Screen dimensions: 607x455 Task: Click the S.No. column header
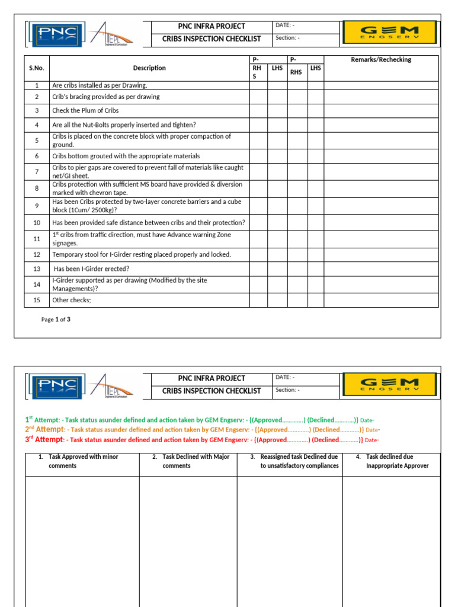pos(37,68)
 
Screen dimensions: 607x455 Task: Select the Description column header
pos(149,68)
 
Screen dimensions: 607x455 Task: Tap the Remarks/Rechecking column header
pos(381,60)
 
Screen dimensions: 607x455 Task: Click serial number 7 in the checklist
pos(37,172)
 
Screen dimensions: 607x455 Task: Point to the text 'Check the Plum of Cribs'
pos(85,111)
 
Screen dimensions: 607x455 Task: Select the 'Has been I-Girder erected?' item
pos(92,269)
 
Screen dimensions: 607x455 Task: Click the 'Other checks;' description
pos(72,301)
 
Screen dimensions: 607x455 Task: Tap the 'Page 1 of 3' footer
pos(56,320)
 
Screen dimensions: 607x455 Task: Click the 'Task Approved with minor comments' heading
pos(82,461)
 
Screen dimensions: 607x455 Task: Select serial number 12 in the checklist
pos(37,255)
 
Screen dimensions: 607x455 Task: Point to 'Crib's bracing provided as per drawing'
pos(105,97)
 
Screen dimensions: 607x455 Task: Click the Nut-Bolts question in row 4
pos(124,125)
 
